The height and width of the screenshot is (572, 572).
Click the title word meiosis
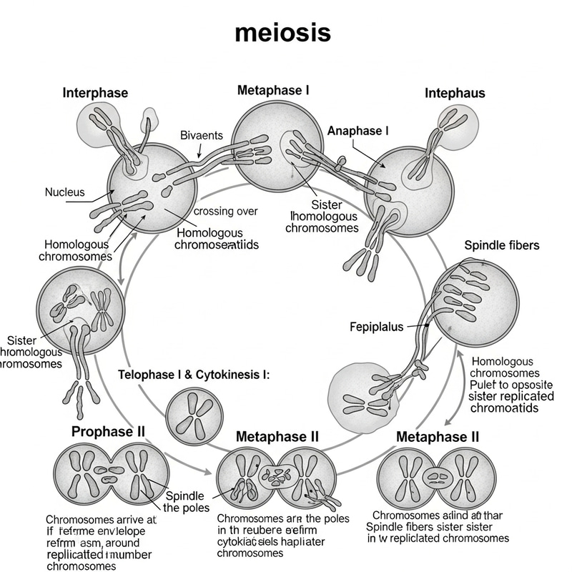(283, 33)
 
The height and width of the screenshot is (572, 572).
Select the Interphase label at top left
(95, 93)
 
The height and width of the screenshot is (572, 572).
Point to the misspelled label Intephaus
(455, 93)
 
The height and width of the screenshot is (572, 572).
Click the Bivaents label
(202, 135)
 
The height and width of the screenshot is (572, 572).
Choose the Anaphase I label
(358, 131)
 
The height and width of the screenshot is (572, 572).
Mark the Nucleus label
(64, 192)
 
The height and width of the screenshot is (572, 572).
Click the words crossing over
(226, 211)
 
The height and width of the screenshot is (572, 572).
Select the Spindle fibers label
(502, 245)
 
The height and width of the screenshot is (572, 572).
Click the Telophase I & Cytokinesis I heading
(194, 375)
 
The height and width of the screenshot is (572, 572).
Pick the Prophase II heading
(108, 431)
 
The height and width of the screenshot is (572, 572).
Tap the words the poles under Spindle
(186, 508)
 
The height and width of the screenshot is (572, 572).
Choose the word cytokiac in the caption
(239, 541)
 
